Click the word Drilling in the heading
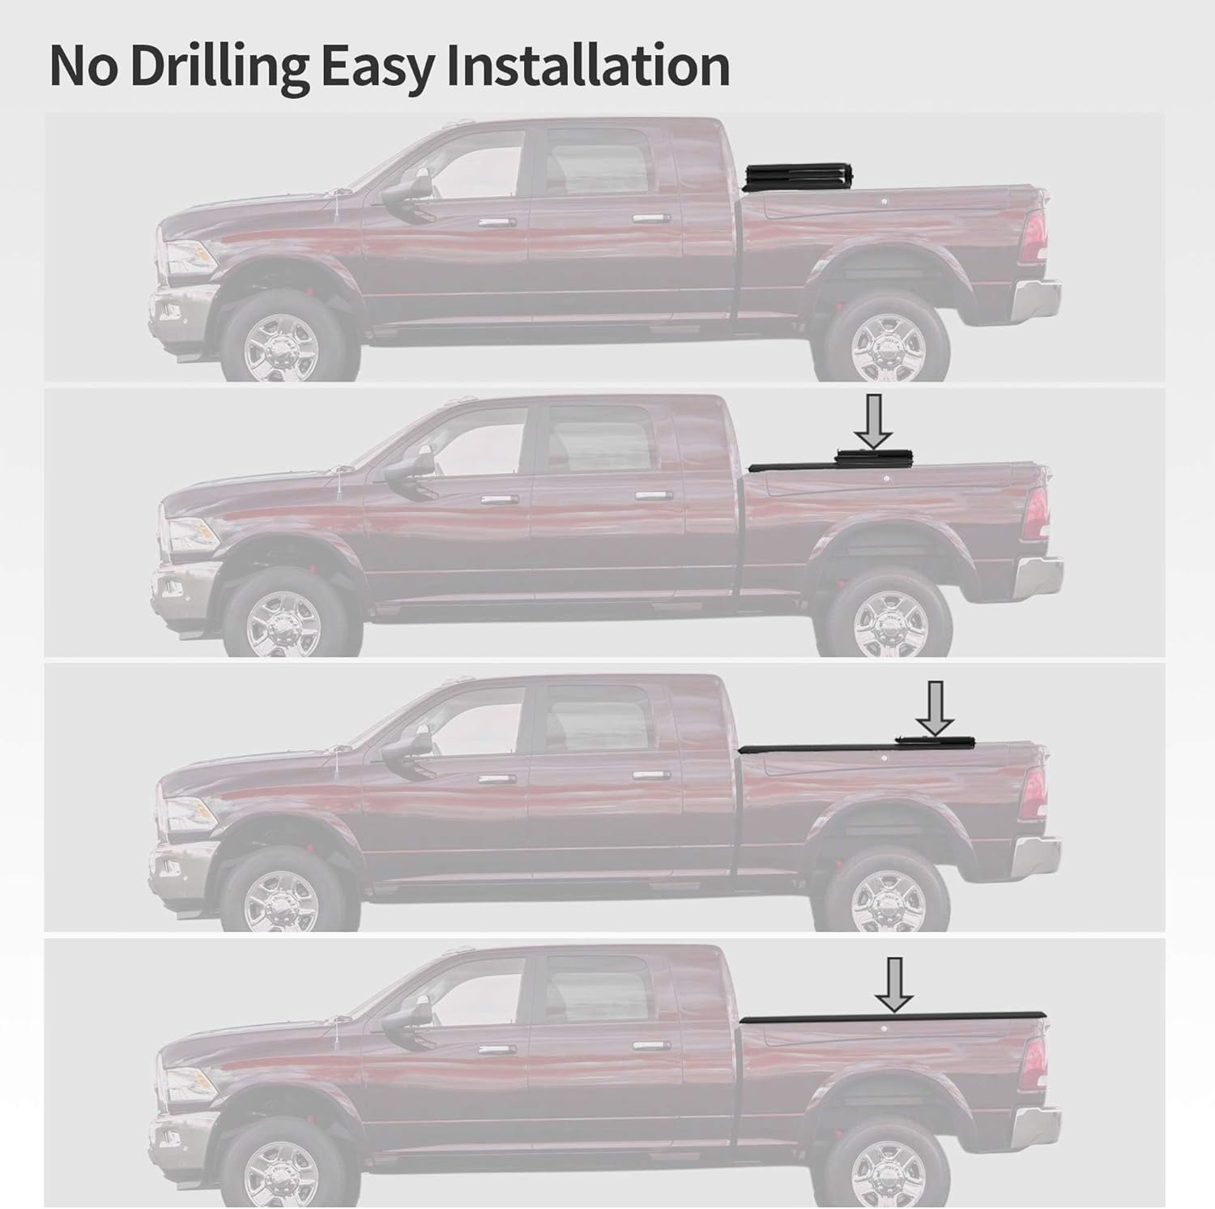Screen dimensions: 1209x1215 pyautogui.click(x=217, y=66)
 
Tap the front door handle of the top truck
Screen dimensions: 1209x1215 pyautogui.click(x=491, y=224)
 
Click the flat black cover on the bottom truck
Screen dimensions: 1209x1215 pyautogui.click(x=891, y=1017)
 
